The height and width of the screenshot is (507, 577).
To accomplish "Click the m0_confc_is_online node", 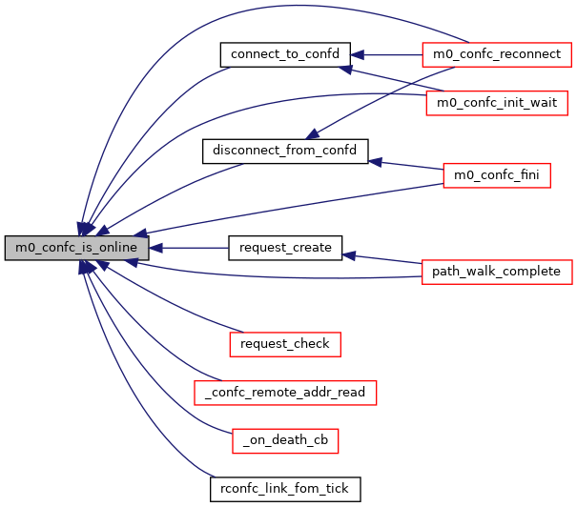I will click(77, 248).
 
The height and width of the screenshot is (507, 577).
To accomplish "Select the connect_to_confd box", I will click(285, 54).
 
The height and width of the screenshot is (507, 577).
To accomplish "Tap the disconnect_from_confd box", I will click(285, 151).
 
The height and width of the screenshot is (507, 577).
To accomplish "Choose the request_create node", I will click(285, 248).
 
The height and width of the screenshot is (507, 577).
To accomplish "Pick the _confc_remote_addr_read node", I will click(285, 392).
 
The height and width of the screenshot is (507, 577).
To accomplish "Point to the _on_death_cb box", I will click(285, 440).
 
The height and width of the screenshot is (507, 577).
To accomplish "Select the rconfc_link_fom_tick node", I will click(285, 489).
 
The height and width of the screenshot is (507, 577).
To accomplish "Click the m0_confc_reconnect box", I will click(496, 54).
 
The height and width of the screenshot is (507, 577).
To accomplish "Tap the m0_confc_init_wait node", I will click(496, 102).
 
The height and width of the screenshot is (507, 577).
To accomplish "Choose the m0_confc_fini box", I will click(496, 175).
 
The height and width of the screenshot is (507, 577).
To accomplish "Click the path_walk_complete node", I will click(496, 272).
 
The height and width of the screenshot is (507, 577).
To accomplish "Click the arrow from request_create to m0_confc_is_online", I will click(191, 248).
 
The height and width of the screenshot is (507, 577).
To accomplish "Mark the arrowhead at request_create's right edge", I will click(349, 255).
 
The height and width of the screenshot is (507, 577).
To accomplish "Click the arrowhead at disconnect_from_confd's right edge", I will click(376, 162).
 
